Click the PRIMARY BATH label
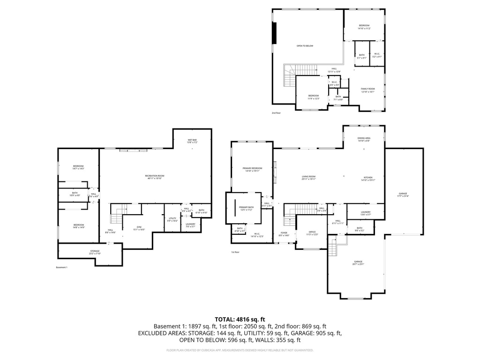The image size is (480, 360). click(x=246, y=209)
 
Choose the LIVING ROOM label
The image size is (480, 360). click(x=308, y=178)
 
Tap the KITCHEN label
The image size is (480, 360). click(x=367, y=178)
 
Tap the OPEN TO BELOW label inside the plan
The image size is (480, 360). click(x=305, y=46)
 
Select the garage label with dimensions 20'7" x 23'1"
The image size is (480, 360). click(x=358, y=263)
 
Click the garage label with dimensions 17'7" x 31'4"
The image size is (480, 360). click(x=403, y=195)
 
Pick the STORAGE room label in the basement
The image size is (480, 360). click(x=95, y=252)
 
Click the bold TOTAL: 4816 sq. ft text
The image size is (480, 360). click(x=240, y=319)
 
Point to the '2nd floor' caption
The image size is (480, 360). click(x=276, y=113)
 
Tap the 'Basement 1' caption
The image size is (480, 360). click(x=62, y=268)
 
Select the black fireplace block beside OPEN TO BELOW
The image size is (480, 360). click(x=275, y=32)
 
